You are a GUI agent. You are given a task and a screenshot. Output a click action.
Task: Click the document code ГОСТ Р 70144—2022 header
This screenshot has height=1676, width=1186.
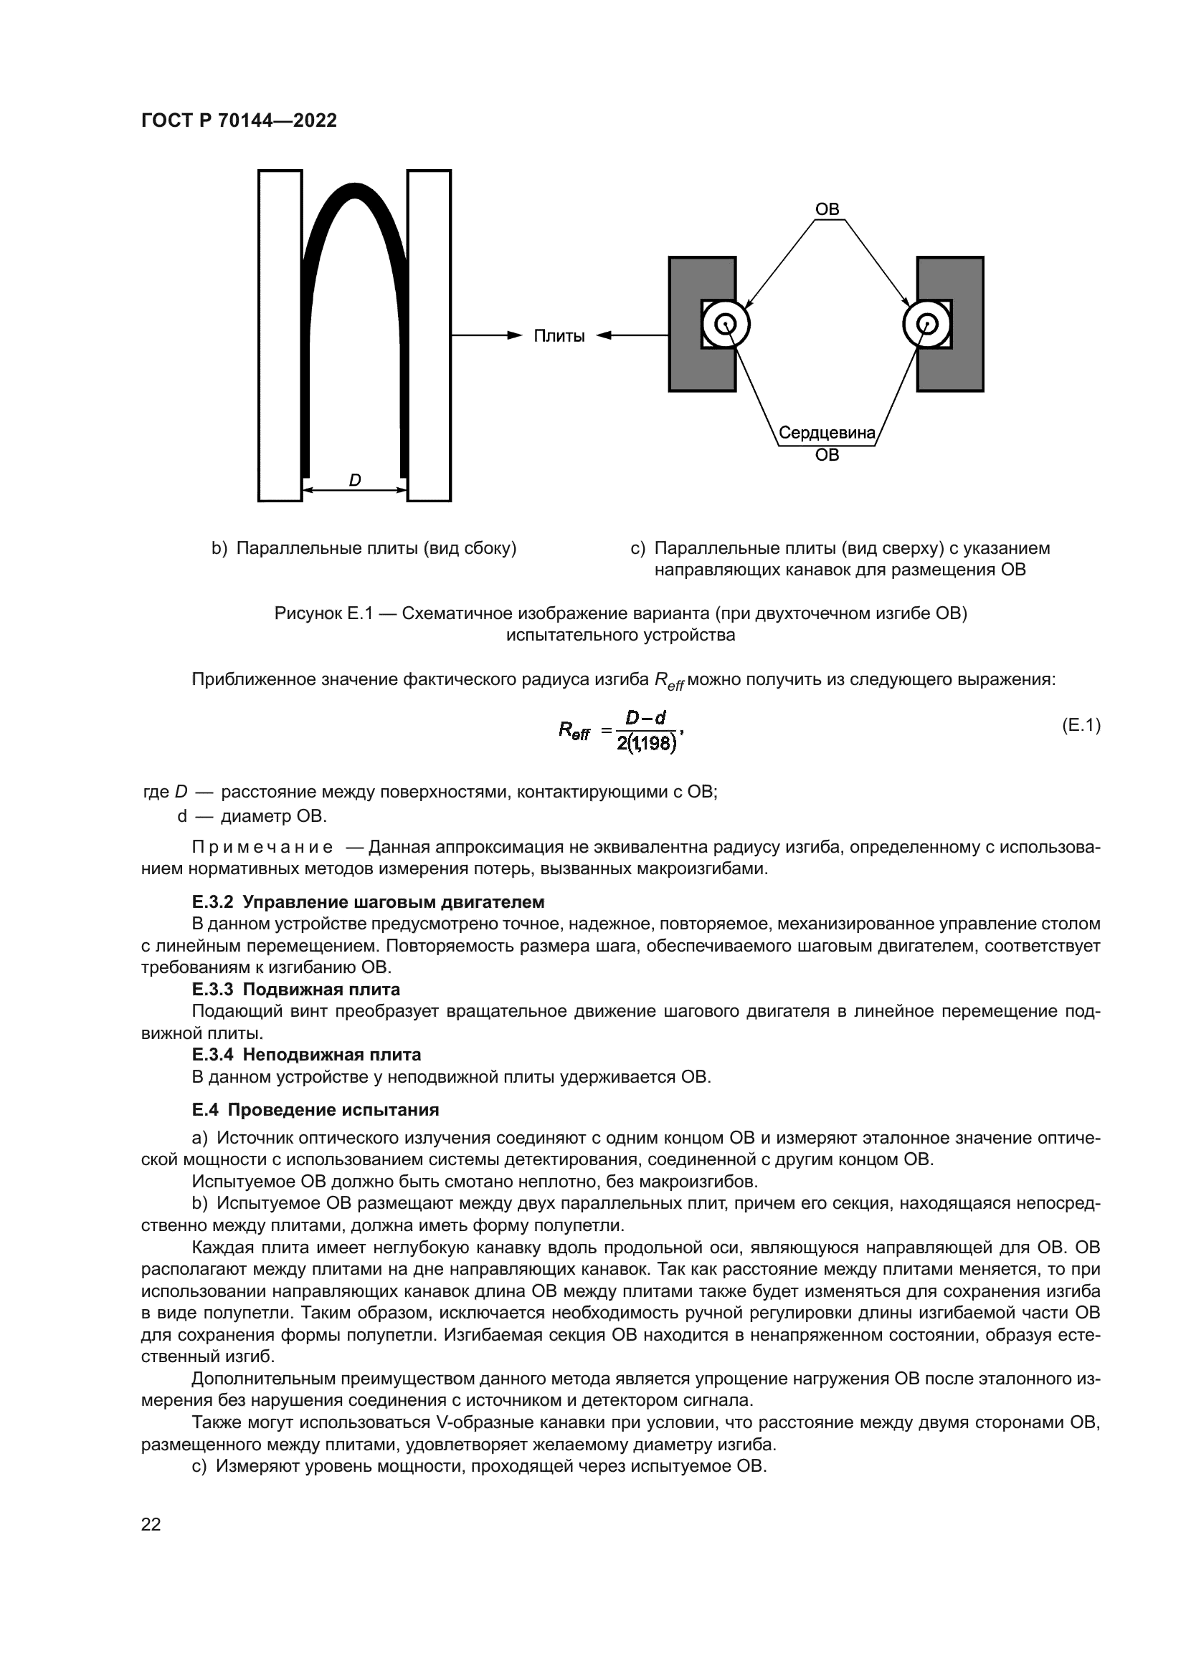coord(239,120)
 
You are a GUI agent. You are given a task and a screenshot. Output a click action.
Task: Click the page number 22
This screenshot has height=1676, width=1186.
coord(151,1524)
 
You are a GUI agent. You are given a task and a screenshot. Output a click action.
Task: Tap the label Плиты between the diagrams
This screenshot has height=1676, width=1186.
coord(559,336)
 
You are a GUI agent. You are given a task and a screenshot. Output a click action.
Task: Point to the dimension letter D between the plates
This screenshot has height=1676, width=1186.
coord(354,480)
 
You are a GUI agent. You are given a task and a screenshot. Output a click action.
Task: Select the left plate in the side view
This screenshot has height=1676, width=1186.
coord(280,336)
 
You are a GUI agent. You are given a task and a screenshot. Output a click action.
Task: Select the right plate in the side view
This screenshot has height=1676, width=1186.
coord(429,336)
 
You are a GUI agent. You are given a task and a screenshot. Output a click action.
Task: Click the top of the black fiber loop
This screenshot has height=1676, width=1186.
coord(354,191)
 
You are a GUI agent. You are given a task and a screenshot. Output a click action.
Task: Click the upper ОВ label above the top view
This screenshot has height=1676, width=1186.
coord(827,209)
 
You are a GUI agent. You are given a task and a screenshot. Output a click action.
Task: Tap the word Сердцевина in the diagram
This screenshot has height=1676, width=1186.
coord(827,433)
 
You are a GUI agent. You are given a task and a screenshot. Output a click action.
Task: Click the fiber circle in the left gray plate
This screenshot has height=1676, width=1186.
coord(725,323)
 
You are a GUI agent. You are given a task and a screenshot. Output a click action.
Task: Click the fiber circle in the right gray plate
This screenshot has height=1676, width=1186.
coord(927,323)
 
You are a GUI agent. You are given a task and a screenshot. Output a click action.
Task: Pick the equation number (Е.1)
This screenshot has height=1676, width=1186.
coord(1080,726)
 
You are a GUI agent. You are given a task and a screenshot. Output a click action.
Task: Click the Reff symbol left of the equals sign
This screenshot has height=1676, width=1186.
coord(574,730)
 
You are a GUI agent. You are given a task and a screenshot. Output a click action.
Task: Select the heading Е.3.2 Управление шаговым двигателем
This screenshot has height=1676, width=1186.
coord(368,902)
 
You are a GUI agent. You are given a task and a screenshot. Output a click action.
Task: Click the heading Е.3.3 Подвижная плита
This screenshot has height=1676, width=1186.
coord(295,990)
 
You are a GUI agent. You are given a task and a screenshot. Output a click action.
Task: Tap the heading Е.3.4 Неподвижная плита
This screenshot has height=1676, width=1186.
coord(306,1055)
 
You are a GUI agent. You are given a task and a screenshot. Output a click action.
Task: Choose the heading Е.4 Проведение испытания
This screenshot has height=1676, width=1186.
coord(315,1110)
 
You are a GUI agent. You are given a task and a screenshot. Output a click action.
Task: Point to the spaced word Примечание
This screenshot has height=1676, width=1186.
coord(262,848)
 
